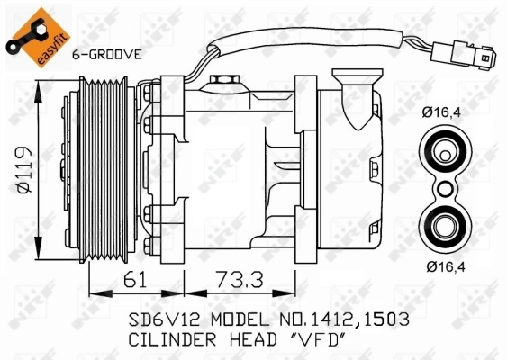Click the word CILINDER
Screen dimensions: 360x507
click(x=159, y=340)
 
